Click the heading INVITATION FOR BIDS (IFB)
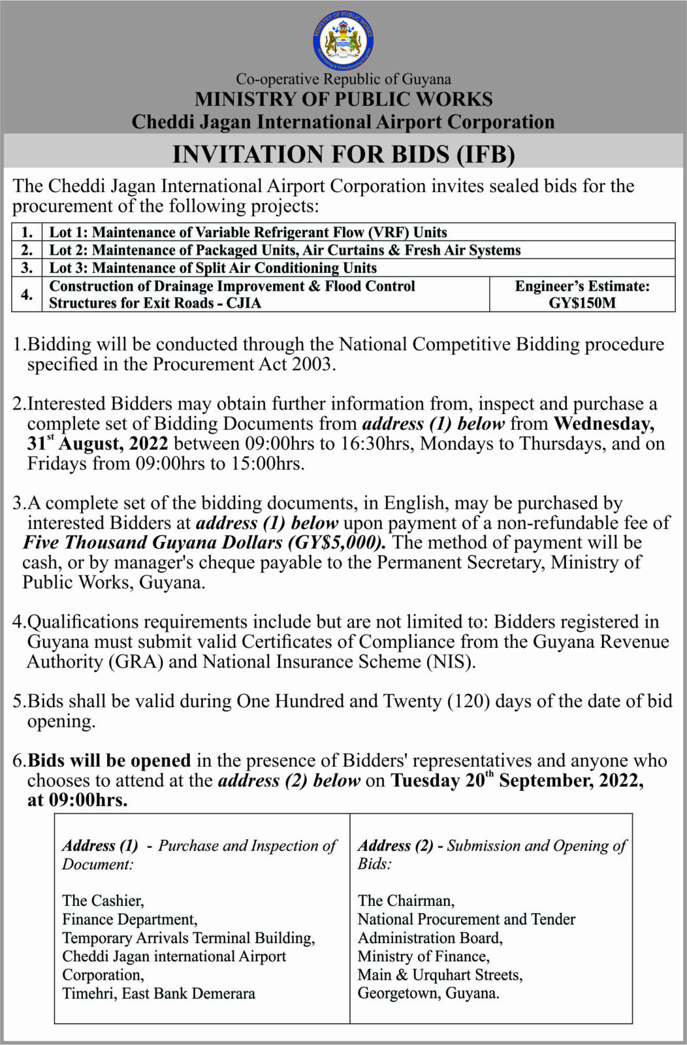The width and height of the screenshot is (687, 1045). pos(343,154)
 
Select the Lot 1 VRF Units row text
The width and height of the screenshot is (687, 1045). pos(248,233)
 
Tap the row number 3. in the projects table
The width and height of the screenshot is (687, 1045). pos(27,268)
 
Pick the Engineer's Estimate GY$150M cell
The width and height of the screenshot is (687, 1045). pos(582,295)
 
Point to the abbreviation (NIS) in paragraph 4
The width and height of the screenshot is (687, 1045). pos(450,662)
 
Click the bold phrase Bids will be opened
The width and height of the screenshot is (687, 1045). pos(109,761)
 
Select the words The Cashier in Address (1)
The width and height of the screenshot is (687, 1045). pos(103,901)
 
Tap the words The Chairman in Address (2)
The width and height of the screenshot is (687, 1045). pos(406,901)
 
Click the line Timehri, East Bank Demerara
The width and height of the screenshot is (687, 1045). pos(159,993)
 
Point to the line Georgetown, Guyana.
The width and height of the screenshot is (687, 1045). pos(428,993)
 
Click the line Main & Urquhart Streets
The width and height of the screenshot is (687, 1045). pos(439,975)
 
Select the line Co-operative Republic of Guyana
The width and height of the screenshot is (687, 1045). pos(343,79)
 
